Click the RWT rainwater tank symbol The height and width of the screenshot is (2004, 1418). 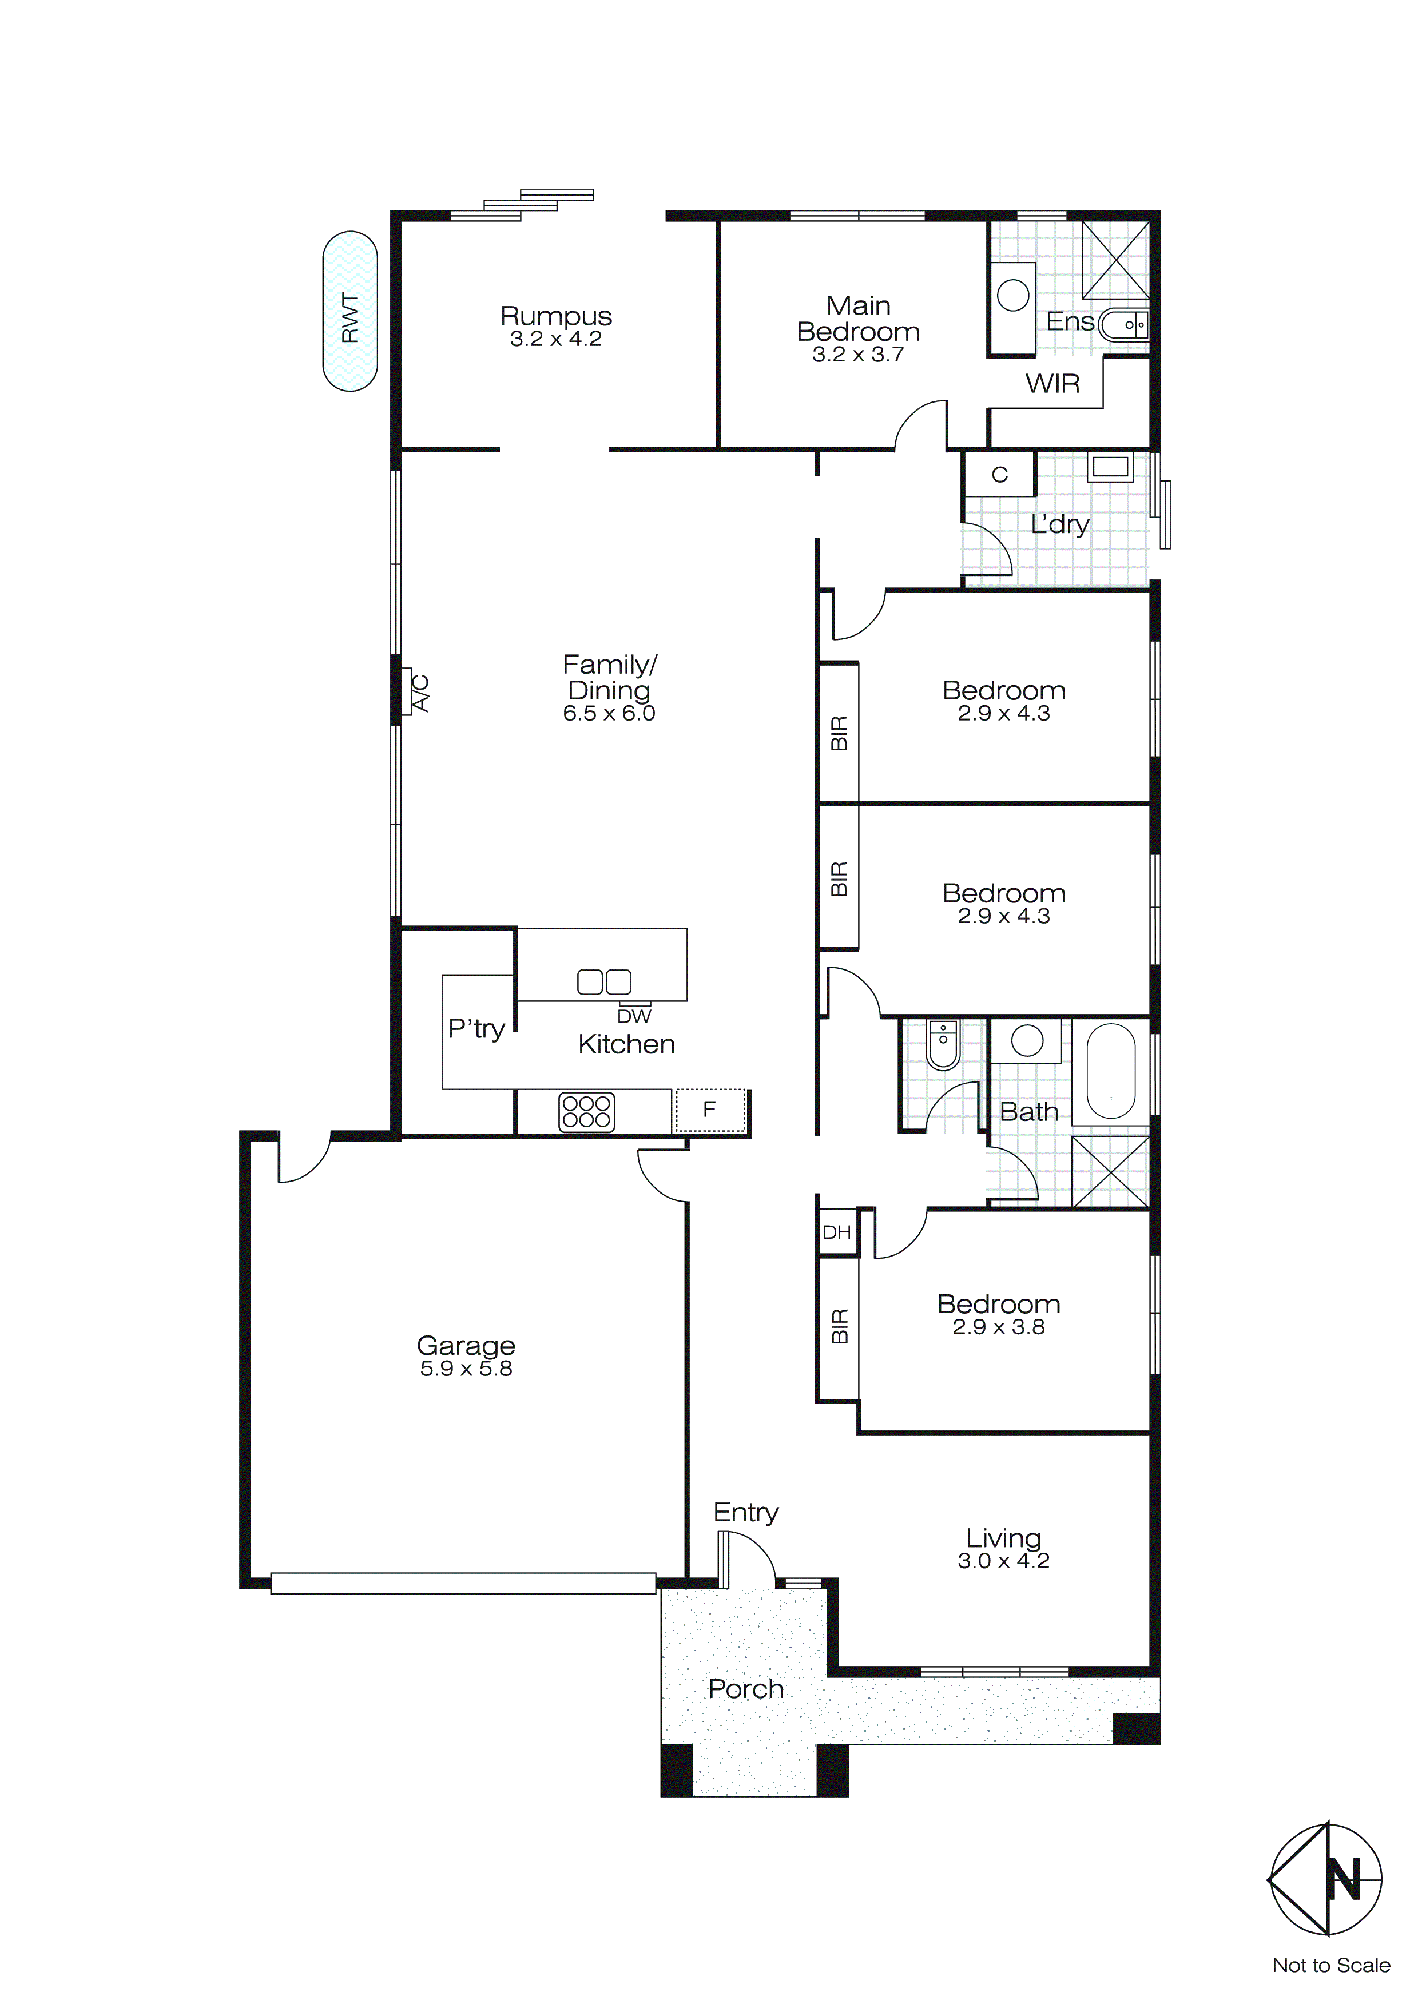pyautogui.click(x=350, y=311)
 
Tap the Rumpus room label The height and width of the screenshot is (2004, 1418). pyautogui.click(x=555, y=316)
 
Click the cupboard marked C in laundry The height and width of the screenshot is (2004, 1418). pyautogui.click(x=1000, y=475)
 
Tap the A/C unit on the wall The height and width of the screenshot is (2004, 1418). pyautogui.click(x=407, y=691)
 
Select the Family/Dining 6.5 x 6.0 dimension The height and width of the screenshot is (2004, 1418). pyautogui.click(x=609, y=714)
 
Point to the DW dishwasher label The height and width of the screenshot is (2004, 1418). pyautogui.click(x=634, y=1016)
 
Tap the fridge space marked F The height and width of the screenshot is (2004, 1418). pyautogui.click(x=710, y=1110)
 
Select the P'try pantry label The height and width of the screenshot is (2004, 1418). pyautogui.click(x=476, y=1028)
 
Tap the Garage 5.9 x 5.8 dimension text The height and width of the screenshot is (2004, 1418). pyautogui.click(x=466, y=1369)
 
